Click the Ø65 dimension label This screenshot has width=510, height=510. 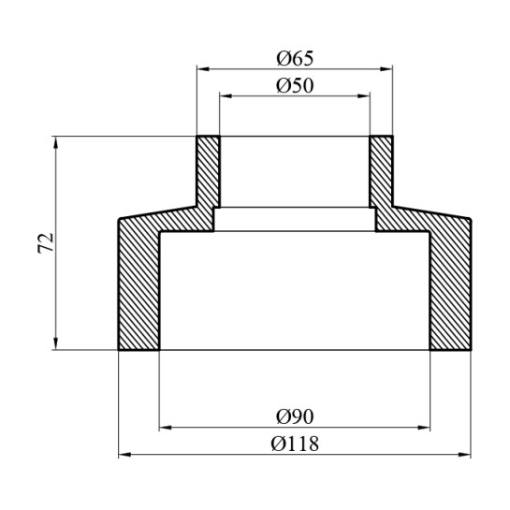[295, 58]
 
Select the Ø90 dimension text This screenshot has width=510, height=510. [295, 415]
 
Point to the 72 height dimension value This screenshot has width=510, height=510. [45, 243]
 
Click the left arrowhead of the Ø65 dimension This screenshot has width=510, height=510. [201, 68]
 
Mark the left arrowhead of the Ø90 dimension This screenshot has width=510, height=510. [165, 427]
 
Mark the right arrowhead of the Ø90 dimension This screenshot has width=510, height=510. [426, 427]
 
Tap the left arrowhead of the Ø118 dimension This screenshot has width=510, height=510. [124, 456]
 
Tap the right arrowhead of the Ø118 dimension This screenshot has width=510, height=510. [467, 456]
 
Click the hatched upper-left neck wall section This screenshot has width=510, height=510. [208, 173]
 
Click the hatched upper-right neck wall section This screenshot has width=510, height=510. [383, 173]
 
